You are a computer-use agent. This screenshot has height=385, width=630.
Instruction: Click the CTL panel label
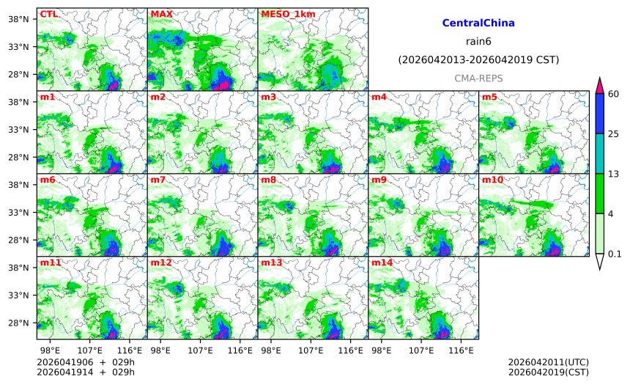point(48,14)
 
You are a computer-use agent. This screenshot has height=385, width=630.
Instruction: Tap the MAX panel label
point(161,14)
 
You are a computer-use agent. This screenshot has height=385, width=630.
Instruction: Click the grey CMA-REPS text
point(478,78)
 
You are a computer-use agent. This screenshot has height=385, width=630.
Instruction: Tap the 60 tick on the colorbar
point(613,92)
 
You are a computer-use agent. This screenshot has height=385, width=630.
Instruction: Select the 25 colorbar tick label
point(613,133)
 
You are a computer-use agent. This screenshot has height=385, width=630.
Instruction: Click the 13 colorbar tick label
point(613,174)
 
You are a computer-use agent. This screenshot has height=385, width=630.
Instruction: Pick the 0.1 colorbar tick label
point(615,254)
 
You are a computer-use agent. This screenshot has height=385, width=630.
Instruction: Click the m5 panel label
point(489,97)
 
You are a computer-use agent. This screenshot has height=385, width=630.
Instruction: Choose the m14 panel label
point(382,263)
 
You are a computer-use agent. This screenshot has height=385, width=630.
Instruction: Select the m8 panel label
point(269,180)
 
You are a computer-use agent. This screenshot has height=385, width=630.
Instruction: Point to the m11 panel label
point(50,263)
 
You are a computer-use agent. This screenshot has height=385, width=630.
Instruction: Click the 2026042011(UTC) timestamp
point(548,362)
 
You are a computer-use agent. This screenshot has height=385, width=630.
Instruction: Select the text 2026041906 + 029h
point(81,362)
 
